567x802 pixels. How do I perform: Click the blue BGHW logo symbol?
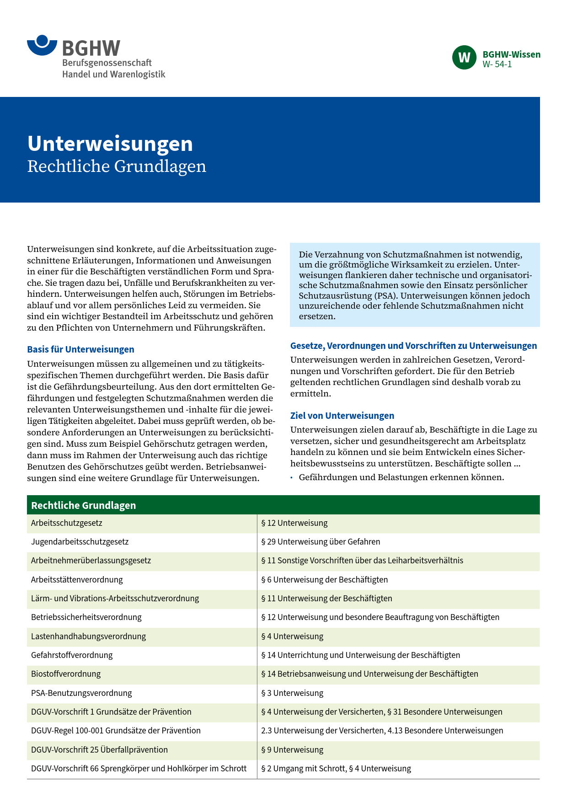[42, 46]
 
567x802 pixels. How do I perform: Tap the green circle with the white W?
[464, 58]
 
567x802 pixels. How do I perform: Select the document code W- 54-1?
[497, 64]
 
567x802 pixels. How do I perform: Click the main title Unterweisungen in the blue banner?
[110, 144]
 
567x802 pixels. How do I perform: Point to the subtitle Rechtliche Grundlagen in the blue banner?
[117, 166]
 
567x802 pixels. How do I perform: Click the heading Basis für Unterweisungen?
[80, 349]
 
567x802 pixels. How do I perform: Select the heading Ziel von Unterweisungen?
[342, 416]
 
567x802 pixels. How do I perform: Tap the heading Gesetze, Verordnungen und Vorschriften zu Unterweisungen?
[413, 346]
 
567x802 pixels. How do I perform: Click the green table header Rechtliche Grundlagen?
[84, 505]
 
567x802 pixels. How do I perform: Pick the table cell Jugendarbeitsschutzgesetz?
[80, 542]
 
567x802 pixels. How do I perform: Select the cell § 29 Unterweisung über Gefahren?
[321, 542]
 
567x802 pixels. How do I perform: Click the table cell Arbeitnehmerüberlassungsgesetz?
[91, 561]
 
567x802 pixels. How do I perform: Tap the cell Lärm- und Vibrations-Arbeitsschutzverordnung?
[115, 599]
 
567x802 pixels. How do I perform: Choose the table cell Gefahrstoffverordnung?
[72, 655]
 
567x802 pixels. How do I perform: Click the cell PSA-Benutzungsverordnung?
[81, 693]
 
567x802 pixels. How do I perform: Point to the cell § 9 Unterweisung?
[292, 750]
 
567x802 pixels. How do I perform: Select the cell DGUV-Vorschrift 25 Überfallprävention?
[99, 750]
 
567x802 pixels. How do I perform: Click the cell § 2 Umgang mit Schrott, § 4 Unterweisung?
[336, 769]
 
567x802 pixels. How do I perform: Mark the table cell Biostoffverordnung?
[66, 674]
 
